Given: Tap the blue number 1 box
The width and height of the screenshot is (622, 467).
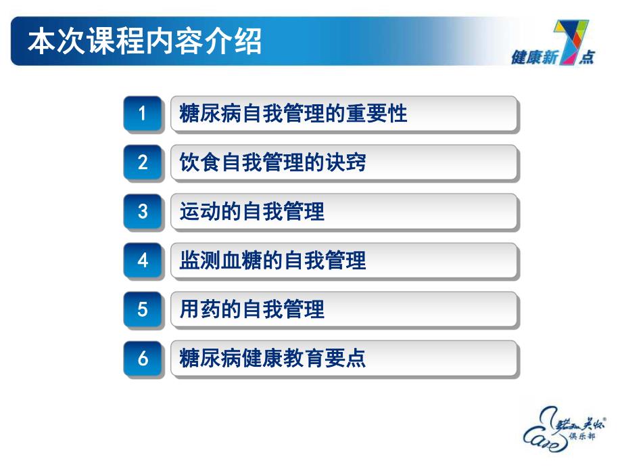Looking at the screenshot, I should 143,114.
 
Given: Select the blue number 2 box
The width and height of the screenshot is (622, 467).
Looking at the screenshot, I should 143,162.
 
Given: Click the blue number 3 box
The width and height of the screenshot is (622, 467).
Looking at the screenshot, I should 143,211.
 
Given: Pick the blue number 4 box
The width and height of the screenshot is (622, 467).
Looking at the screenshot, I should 143,260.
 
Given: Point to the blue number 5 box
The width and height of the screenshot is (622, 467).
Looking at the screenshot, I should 143,309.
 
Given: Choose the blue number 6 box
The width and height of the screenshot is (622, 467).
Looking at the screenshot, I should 143,358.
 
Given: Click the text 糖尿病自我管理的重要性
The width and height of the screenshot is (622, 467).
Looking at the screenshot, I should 293,114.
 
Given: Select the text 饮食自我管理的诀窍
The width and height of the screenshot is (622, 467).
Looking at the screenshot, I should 272,162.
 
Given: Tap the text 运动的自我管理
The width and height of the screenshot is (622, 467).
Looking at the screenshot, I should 252,212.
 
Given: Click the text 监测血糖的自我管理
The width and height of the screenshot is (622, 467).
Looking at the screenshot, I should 272,261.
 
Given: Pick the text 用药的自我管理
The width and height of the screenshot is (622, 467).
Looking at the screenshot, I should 252,309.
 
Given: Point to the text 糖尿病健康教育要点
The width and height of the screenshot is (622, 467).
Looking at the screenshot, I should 272,358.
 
